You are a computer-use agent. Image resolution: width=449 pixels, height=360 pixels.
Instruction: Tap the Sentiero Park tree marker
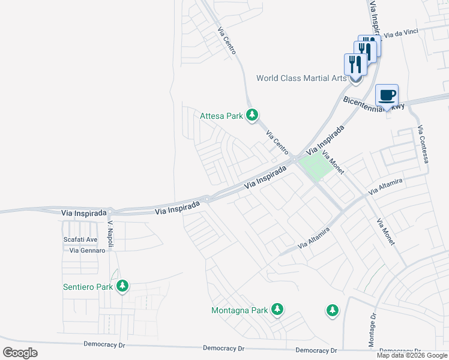[122, 286]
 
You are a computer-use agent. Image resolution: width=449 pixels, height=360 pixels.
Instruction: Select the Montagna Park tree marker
[277, 310]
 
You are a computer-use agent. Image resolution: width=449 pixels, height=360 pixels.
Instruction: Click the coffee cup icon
[387, 95]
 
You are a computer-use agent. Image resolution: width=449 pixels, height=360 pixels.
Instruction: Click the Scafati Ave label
[80, 239]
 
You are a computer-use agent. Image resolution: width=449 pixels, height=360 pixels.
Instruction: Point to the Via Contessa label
[424, 145]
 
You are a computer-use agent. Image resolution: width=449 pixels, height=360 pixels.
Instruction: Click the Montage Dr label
[372, 330]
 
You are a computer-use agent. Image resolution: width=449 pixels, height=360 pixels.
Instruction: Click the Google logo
[20, 353]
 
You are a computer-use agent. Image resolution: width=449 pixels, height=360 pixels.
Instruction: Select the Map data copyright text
[412, 355]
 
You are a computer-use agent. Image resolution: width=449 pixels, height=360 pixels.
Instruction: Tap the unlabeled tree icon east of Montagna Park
[332, 310]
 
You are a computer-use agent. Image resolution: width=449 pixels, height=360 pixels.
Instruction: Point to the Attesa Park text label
[221, 115]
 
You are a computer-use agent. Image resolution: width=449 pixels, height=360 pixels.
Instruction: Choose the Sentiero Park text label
[88, 287]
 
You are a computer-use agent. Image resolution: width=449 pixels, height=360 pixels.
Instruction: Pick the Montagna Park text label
[239, 310]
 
